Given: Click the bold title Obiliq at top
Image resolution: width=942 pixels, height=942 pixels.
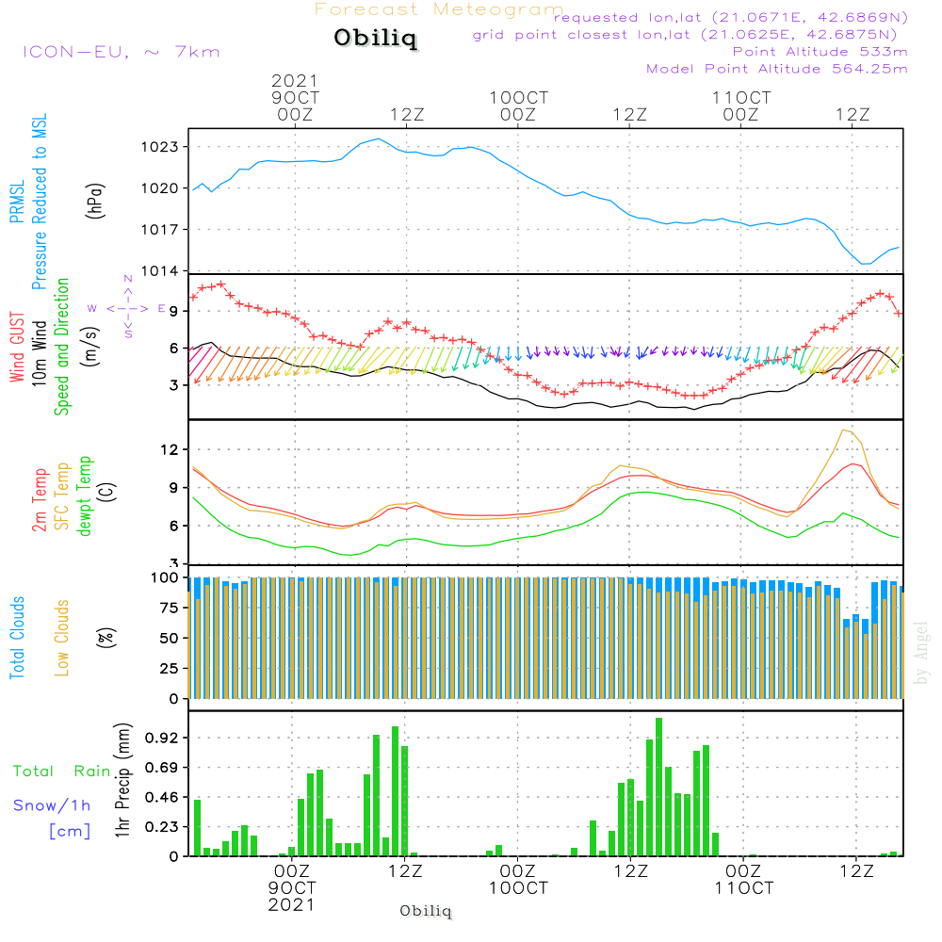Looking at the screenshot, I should (374, 40).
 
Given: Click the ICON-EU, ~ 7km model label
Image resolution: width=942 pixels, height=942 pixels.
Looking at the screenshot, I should (121, 52).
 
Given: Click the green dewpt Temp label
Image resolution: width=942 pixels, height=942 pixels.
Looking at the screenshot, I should (86, 496).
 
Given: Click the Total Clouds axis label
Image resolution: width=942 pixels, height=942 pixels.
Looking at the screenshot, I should (16, 638).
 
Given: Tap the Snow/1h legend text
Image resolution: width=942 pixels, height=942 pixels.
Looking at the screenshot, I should (53, 805).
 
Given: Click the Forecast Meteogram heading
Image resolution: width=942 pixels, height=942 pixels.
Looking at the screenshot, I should (439, 9).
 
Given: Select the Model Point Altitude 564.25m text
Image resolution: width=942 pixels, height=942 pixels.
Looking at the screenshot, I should (777, 69).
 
